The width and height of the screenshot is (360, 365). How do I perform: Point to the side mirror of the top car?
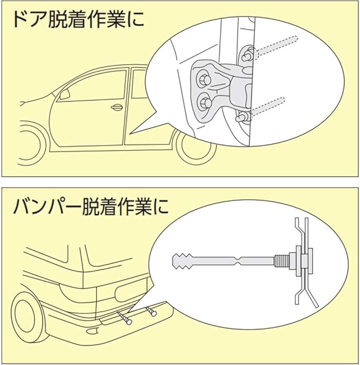[x=65, y=95]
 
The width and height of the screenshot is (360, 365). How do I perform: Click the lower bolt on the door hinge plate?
[x=204, y=101]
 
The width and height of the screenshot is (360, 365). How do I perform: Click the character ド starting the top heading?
[x=21, y=22]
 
